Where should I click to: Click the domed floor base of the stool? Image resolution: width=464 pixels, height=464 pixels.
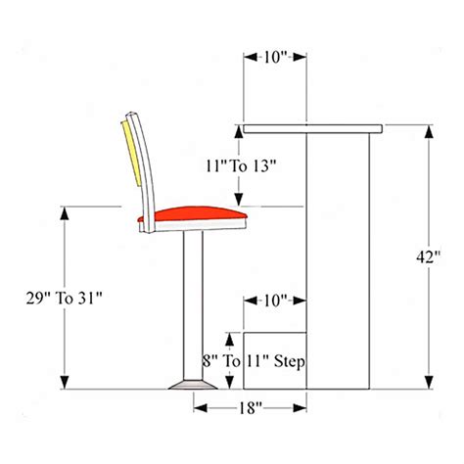[x=191, y=385]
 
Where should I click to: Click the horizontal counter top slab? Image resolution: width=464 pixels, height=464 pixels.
[x=311, y=128]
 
